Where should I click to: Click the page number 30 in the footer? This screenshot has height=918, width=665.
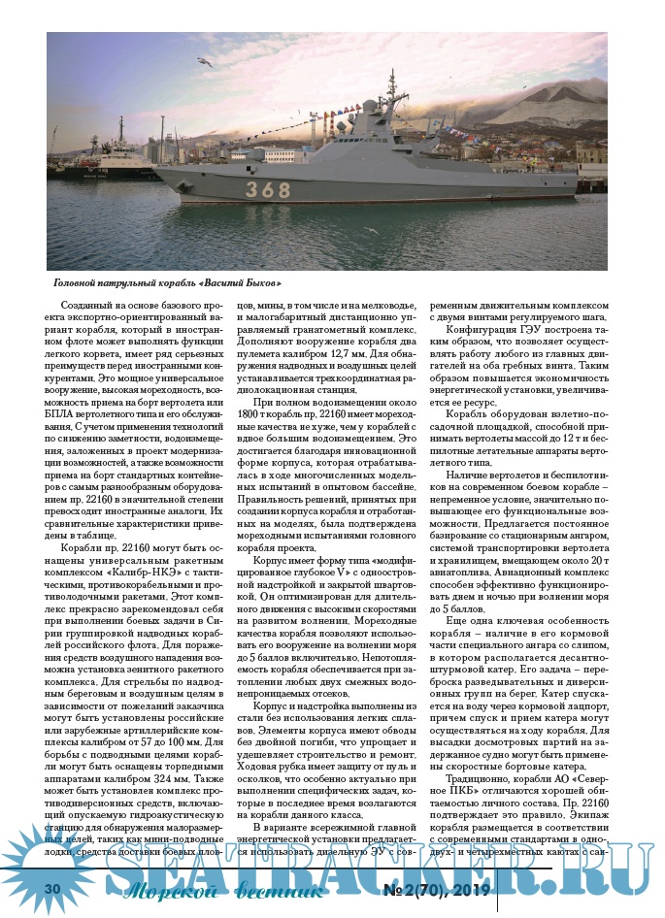coord(53,889)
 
